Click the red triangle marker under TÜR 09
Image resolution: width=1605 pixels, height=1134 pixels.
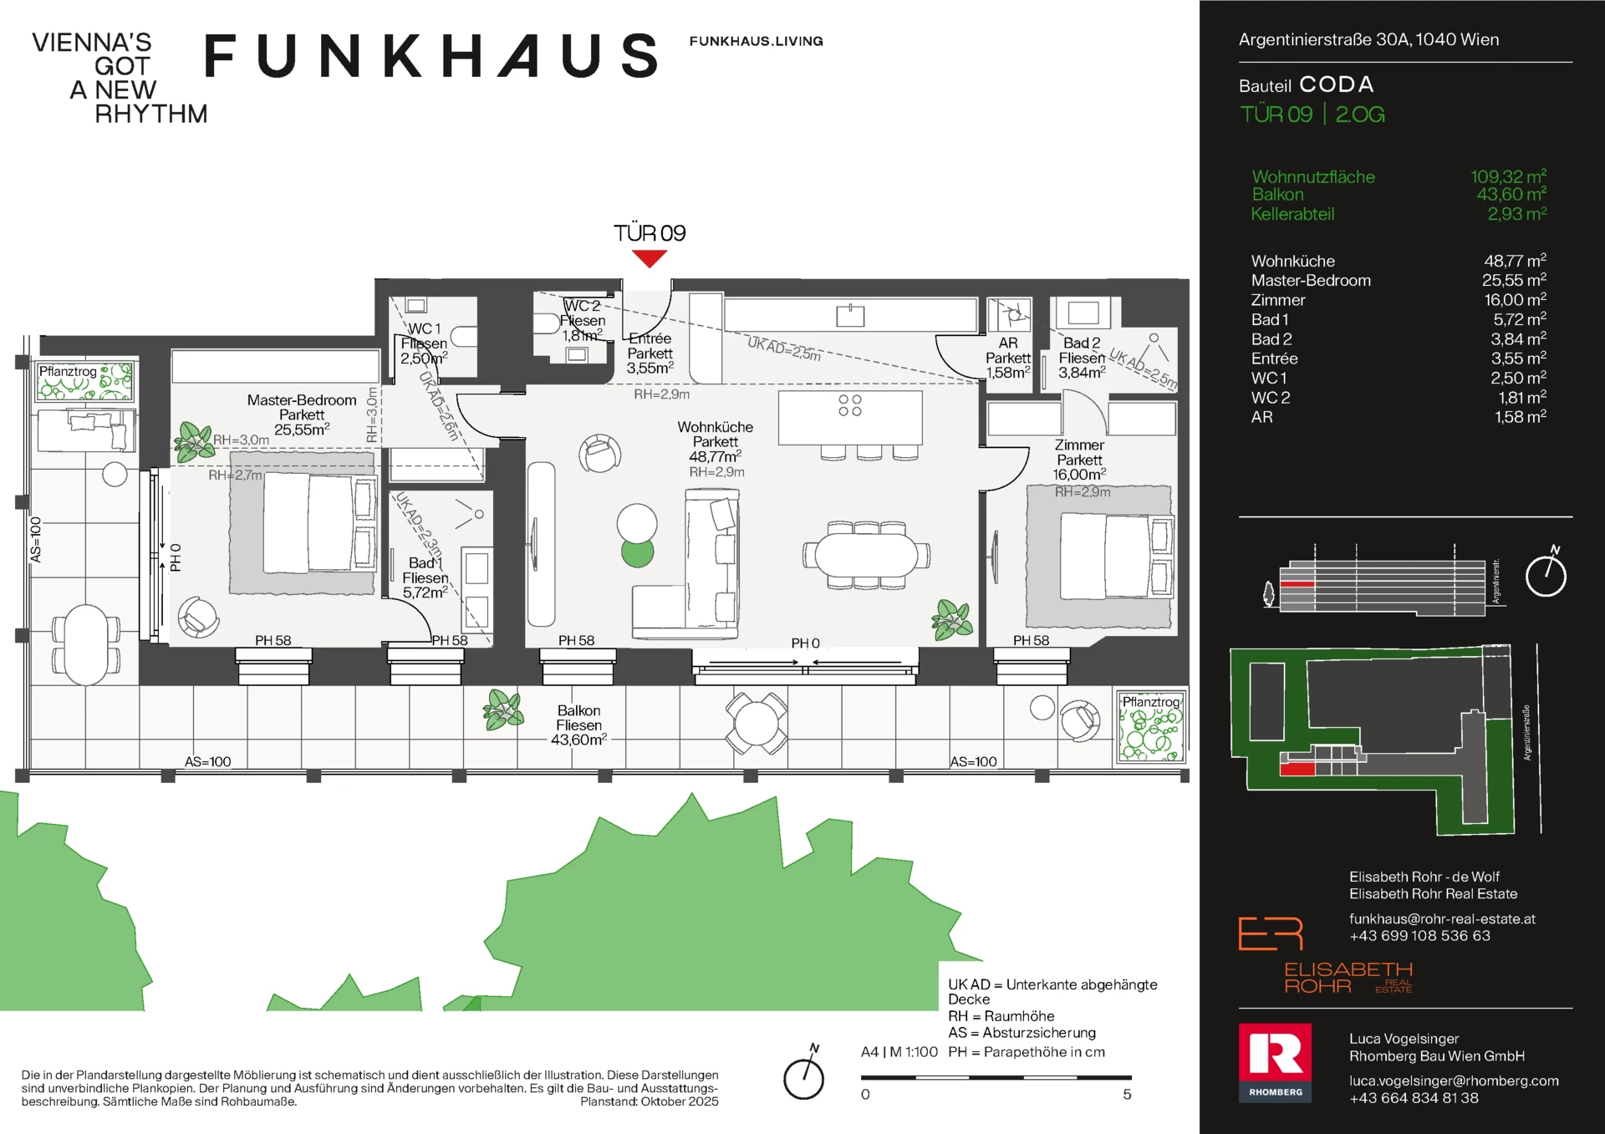point(650,258)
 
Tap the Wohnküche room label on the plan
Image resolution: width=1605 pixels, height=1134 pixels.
point(716,427)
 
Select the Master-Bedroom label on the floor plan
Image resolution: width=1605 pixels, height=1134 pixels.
point(302,400)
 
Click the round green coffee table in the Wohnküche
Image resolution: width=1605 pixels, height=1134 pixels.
point(638,552)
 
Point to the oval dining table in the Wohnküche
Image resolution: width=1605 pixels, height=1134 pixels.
point(866,555)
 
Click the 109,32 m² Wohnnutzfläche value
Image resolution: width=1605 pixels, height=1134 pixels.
point(1508,176)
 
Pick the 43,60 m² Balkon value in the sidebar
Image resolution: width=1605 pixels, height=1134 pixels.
point(1511,195)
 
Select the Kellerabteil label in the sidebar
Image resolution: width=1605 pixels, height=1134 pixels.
point(1292,214)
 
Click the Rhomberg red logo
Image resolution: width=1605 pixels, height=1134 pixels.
point(1275,1062)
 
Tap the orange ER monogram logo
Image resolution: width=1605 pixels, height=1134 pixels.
point(1271,933)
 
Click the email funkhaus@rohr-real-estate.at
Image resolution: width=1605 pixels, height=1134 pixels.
point(1442,919)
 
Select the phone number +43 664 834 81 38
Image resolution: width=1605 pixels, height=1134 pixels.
point(1414,1098)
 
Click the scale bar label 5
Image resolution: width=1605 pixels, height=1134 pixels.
point(1127,1095)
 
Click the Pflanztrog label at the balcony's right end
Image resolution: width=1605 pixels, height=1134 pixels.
point(1150,702)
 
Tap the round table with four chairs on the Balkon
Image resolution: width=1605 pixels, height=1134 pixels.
point(757,723)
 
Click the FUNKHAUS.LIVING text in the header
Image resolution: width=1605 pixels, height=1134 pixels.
point(756,41)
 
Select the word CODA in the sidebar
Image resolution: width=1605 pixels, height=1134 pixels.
point(1337,84)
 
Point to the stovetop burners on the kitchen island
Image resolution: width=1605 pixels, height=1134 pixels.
point(850,405)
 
